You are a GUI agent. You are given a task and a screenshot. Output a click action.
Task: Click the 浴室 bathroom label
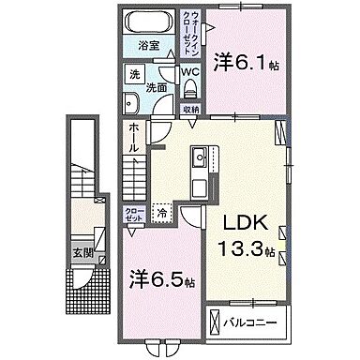tap(149, 44)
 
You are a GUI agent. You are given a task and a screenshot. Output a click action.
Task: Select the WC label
tap(188, 71)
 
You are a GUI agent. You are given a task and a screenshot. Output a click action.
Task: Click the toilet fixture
tap(190, 87)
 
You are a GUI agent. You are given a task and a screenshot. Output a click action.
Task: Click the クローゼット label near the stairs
tap(133, 212)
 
